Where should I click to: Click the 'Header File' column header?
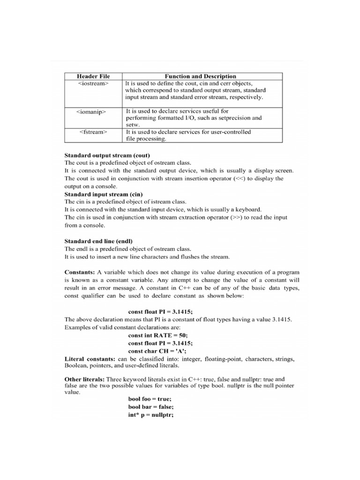pyautogui.click(x=93, y=76)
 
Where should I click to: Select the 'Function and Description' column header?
pyautogui.click(x=201, y=76)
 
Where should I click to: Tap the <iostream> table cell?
pyautogui.click(x=93, y=83)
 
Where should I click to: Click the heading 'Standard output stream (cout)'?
pyautogui.click(x=107, y=155)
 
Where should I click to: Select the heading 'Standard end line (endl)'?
pyautogui.click(x=98, y=241)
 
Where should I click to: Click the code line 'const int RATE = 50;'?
pyautogui.click(x=157, y=336)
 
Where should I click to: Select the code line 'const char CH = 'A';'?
pyautogui.click(x=157, y=351)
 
